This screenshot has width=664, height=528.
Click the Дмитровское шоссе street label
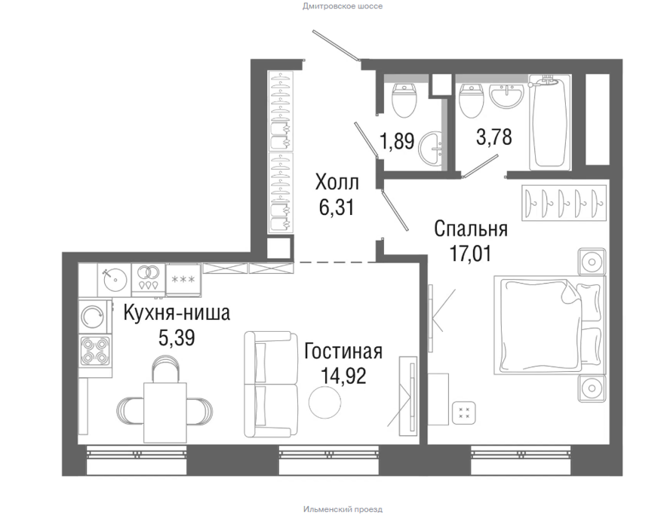click(342, 6)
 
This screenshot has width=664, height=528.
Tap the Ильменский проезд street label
click(343, 509)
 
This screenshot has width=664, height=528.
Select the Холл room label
click(337, 183)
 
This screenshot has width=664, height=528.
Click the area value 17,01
click(471, 254)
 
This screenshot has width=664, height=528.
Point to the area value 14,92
click(343, 376)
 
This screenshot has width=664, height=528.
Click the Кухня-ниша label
click(177, 313)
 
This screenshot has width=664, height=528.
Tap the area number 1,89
click(397, 140)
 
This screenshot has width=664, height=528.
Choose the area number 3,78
click(494, 137)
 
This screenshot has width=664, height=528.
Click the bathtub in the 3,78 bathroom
click(548, 122)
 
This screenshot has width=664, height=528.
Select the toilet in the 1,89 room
click(404, 100)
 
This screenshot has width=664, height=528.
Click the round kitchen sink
click(115, 279)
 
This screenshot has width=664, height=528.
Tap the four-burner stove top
click(95, 351)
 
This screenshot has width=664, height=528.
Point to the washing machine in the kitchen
click(94, 316)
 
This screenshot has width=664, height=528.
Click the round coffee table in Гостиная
click(324, 402)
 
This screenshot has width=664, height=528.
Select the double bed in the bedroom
click(549, 325)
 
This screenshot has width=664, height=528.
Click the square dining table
click(165, 412)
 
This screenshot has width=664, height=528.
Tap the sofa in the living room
click(271, 385)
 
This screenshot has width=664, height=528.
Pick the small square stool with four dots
click(464, 413)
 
